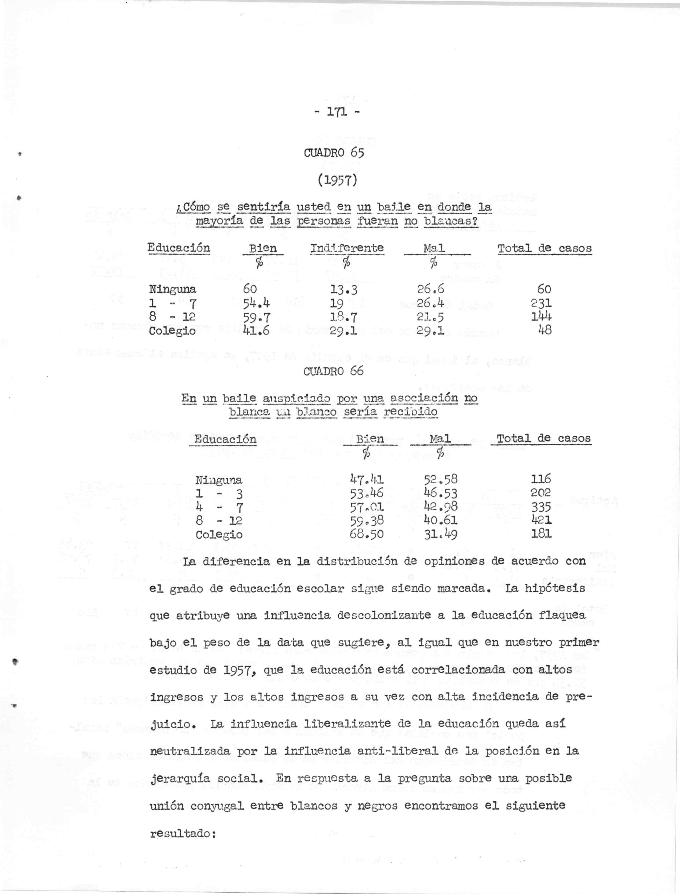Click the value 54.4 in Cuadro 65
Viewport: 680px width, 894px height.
[257, 303]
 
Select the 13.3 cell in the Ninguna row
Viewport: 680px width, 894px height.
[345, 290]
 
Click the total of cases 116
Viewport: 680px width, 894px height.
[541, 480]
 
